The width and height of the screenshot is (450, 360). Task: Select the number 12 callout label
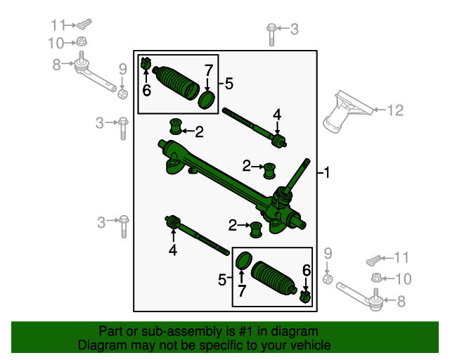coord(397,110)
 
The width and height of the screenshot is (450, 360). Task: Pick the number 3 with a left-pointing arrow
coord(294,29)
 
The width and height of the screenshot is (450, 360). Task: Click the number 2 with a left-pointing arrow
coord(199,131)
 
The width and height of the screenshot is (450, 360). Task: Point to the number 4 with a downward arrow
coord(277,115)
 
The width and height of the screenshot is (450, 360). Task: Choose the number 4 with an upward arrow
coord(172,250)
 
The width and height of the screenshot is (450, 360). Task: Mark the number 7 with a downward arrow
coord(208,70)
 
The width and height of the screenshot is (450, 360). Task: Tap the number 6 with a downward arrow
coord(306,271)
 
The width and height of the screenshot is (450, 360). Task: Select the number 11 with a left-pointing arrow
coord(401,257)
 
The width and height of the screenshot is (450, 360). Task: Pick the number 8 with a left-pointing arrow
coord(401,302)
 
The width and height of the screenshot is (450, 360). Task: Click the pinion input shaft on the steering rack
coord(299,172)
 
